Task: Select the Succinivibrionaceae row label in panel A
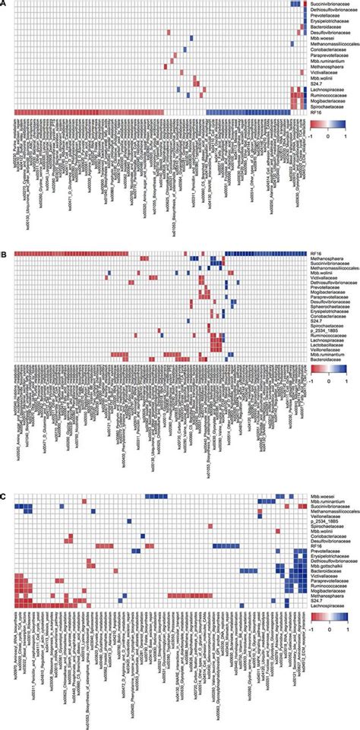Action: [330, 5]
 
